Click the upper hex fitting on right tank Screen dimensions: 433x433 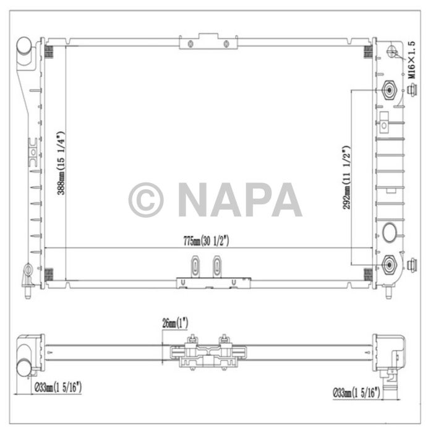point(390,91)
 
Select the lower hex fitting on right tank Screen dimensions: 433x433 point(390,265)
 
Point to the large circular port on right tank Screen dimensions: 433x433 point(391,233)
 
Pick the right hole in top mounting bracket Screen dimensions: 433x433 point(226,43)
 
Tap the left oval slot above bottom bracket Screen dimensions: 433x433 point(196,266)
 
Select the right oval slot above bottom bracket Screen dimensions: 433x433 point(216,266)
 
